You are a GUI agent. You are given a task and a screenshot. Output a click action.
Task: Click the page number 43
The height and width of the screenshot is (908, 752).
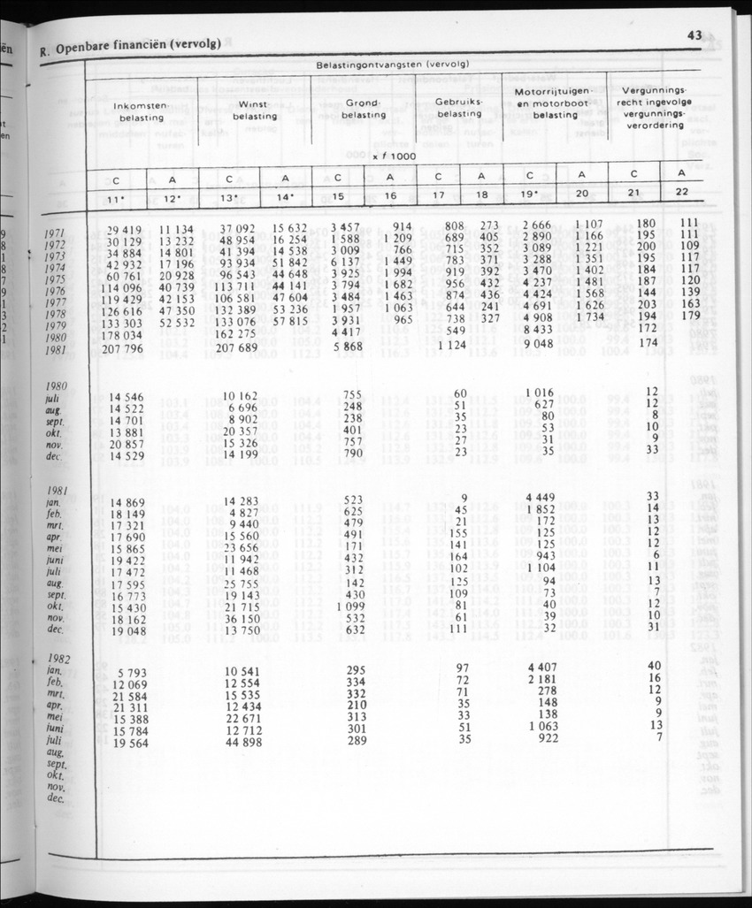[693, 35]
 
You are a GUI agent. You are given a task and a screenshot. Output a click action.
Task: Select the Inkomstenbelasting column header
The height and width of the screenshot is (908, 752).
[142, 111]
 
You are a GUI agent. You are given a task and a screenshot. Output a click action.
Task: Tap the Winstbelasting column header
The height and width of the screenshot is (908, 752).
[256, 111]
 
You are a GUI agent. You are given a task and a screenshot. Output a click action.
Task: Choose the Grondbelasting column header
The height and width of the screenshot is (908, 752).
[364, 111]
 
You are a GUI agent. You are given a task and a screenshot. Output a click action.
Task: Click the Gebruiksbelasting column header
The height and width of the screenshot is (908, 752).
[459, 109]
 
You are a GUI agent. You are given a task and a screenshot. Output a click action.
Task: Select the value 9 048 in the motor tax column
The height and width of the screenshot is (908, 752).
[538, 345]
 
